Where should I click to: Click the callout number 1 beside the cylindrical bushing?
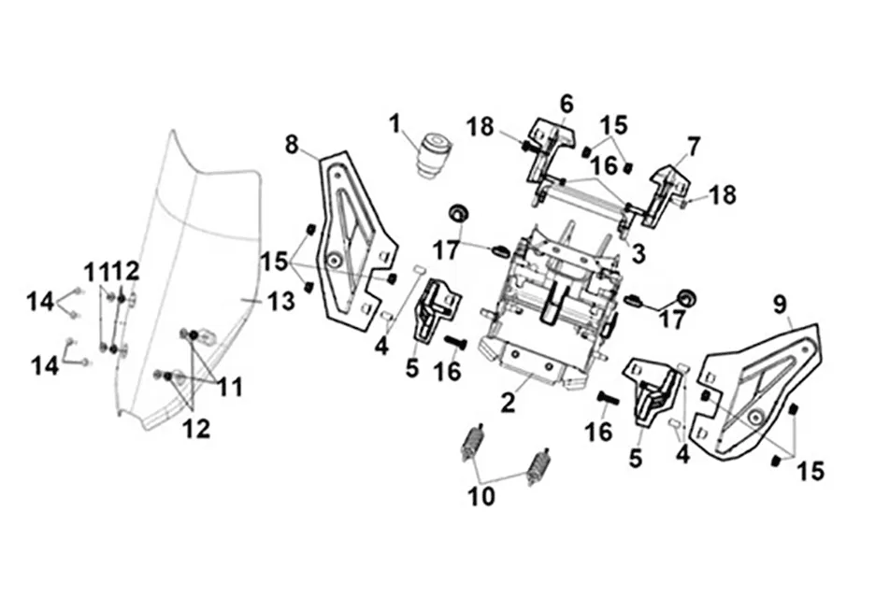click(x=395, y=124)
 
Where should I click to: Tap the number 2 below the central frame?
click(x=508, y=402)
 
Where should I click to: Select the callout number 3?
click(x=638, y=253)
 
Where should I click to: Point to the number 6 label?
click(x=567, y=104)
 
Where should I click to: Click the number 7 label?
click(x=692, y=148)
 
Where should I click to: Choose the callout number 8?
click(x=293, y=145)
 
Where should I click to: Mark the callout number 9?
click(x=780, y=305)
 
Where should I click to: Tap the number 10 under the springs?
click(x=481, y=496)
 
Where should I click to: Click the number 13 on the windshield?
click(x=281, y=302)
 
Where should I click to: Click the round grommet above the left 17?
click(x=460, y=213)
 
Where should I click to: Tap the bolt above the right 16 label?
click(x=609, y=398)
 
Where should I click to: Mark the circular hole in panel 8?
click(x=335, y=260)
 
